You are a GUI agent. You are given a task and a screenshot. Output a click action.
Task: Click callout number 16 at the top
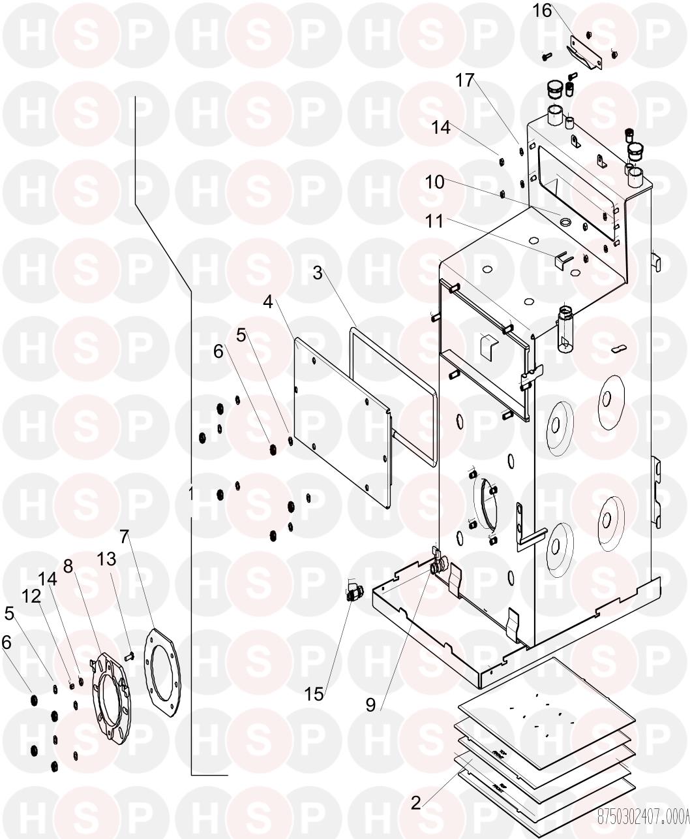coord(542,11)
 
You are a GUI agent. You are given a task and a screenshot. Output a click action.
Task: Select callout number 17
coord(464,81)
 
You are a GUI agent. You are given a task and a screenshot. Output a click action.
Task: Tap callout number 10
coord(434,182)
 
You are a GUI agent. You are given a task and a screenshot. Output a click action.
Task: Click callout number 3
coord(318,273)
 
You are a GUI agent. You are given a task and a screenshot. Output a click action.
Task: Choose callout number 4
coord(268,302)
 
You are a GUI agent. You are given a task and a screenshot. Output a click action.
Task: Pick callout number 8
coord(67,565)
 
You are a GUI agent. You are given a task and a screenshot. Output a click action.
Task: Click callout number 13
coord(106,559)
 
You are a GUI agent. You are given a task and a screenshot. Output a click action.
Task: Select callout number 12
coord(31,595)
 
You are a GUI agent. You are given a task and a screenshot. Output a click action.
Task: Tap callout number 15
coord(314,694)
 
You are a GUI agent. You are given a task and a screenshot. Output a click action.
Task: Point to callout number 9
coord(370,705)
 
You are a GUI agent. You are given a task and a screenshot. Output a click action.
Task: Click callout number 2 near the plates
coord(415,803)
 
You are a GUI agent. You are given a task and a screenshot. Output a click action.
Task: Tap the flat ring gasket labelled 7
coord(160,673)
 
